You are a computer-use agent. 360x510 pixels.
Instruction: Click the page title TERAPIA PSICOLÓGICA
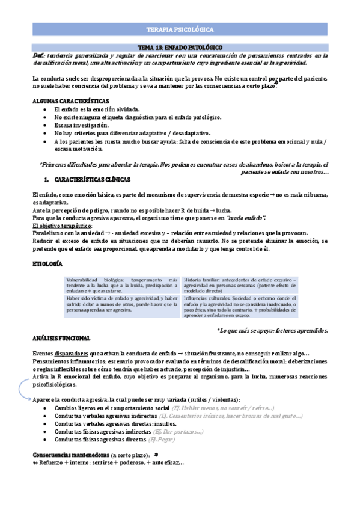pos(180,29)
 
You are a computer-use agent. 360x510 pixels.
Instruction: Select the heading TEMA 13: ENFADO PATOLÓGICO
pos(180,47)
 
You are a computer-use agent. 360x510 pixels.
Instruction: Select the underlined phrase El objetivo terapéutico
pos(61,225)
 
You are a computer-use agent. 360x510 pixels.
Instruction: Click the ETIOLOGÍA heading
pos(49,263)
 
